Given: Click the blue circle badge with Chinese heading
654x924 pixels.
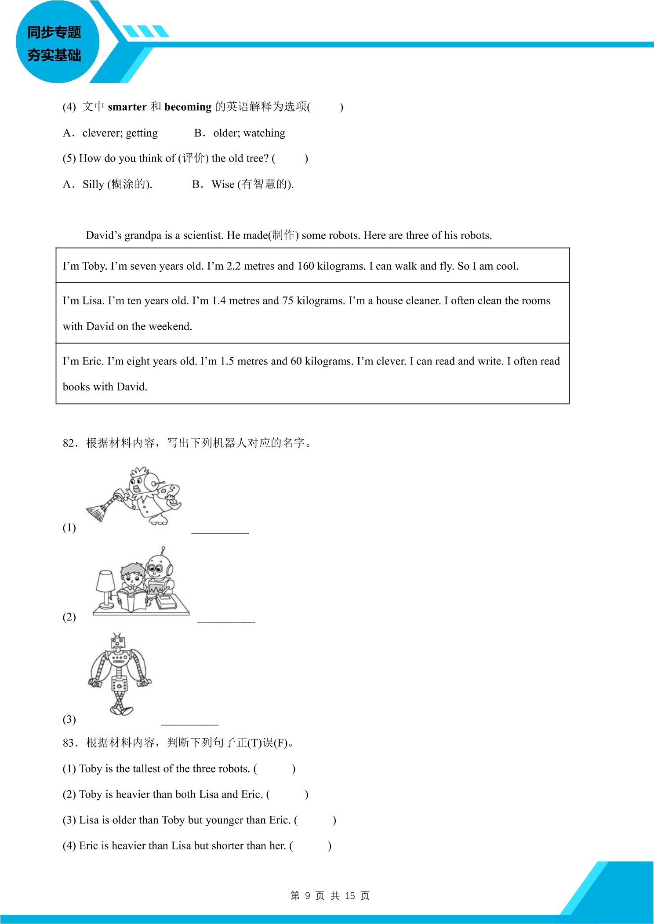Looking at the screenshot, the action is (x=58, y=42).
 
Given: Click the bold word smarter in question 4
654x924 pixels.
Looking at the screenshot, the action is (x=127, y=107).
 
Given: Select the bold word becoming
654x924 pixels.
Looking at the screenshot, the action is (x=188, y=107).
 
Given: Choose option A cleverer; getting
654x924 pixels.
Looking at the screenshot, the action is (x=110, y=133).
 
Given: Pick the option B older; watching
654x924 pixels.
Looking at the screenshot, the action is (x=240, y=133).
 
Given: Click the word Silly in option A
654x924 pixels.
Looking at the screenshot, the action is (x=93, y=184).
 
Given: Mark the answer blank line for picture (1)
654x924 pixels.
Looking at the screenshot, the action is (x=220, y=533).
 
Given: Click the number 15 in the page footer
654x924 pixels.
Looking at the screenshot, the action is (x=350, y=895).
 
